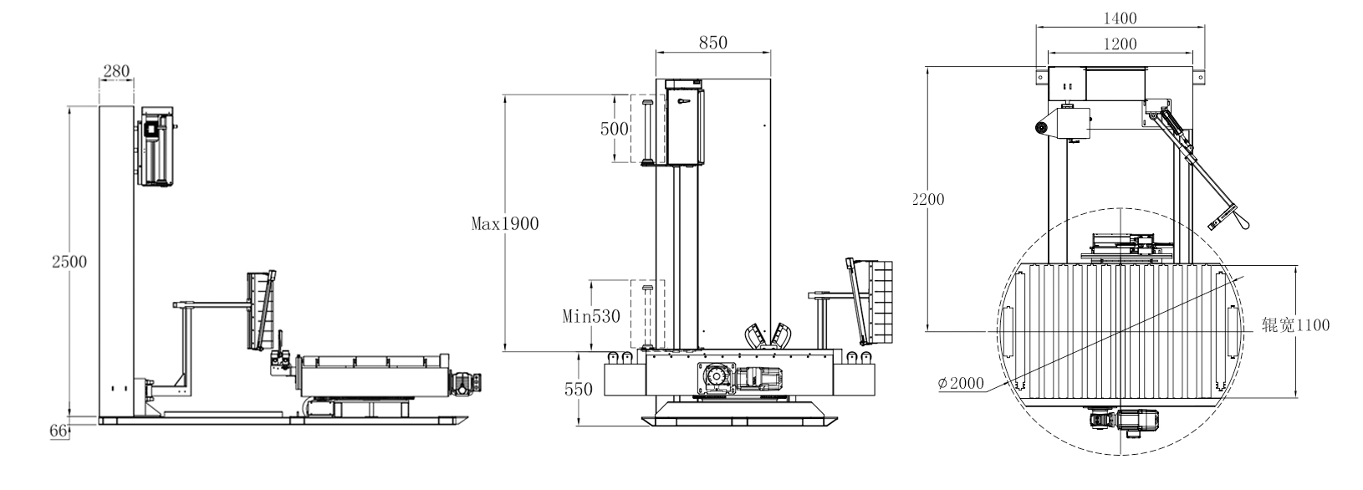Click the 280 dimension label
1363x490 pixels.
[116, 72]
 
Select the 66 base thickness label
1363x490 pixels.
[57, 431]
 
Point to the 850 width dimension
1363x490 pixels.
[712, 43]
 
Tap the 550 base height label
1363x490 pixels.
[577, 389]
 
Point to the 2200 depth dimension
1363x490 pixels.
[928, 199]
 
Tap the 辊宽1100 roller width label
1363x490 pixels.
[1295, 324]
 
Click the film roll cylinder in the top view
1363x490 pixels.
[1041, 127]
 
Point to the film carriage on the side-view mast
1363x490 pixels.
[156, 146]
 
